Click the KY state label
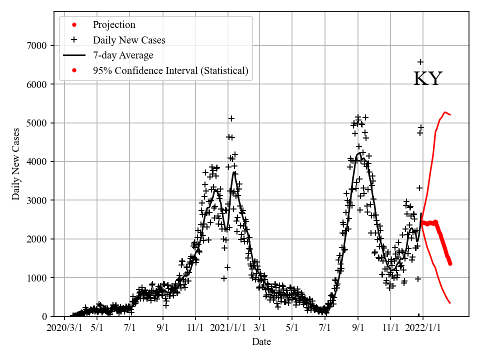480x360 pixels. coord(428,79)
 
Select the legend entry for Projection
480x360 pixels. coord(114,25)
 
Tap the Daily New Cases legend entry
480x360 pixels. coord(129,40)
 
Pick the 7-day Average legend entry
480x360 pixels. coord(123,55)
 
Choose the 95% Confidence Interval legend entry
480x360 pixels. coord(170,70)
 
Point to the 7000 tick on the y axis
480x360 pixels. coord(36,46)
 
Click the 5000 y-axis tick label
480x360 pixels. coord(36,123)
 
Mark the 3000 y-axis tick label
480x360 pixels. coord(36,200)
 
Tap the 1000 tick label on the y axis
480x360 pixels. coord(36,278)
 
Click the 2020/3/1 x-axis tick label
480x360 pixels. coord(64,328)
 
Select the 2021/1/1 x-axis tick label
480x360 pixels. coord(228,328)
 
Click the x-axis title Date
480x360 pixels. coord(261,342)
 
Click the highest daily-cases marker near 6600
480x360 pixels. coord(420,62)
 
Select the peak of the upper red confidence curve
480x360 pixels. coord(445,112)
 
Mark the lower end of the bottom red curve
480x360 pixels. coord(450,303)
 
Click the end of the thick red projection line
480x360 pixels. coord(450,263)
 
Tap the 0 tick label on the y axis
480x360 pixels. coord(44,316)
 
